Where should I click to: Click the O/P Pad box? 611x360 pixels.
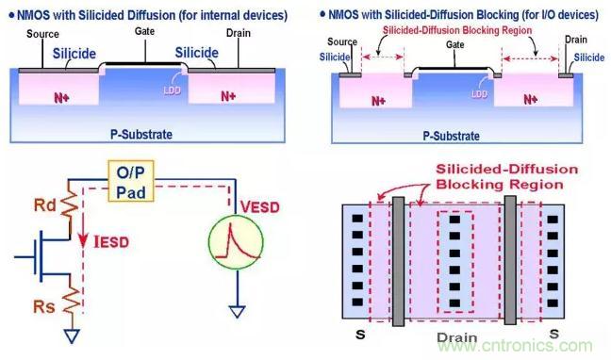tap(130, 181)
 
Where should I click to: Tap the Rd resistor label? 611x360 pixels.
tap(45, 205)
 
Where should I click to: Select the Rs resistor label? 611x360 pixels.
tap(44, 306)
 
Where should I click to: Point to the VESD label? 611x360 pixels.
tap(260, 207)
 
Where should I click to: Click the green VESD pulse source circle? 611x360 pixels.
tap(236, 242)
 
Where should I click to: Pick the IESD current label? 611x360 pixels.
tap(111, 242)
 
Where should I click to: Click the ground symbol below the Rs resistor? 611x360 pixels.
tap(72, 335)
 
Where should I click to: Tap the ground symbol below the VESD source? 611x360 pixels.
tap(238, 312)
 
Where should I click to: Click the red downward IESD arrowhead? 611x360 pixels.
tap(83, 240)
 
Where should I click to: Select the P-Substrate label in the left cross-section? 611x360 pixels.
tap(141, 135)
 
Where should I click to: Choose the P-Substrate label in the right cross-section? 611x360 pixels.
tap(452, 136)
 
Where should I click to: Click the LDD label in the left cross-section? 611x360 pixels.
tap(172, 90)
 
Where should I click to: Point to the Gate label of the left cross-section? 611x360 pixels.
tap(144, 31)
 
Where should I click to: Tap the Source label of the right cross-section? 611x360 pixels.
tap(342, 41)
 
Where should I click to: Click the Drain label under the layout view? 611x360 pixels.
tap(456, 337)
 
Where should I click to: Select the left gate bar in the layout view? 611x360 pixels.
tap(398, 261)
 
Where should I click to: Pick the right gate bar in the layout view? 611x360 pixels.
tap(510, 260)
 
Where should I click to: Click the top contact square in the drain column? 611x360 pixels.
tap(454, 220)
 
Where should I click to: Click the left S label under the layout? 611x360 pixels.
tap(360, 335)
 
